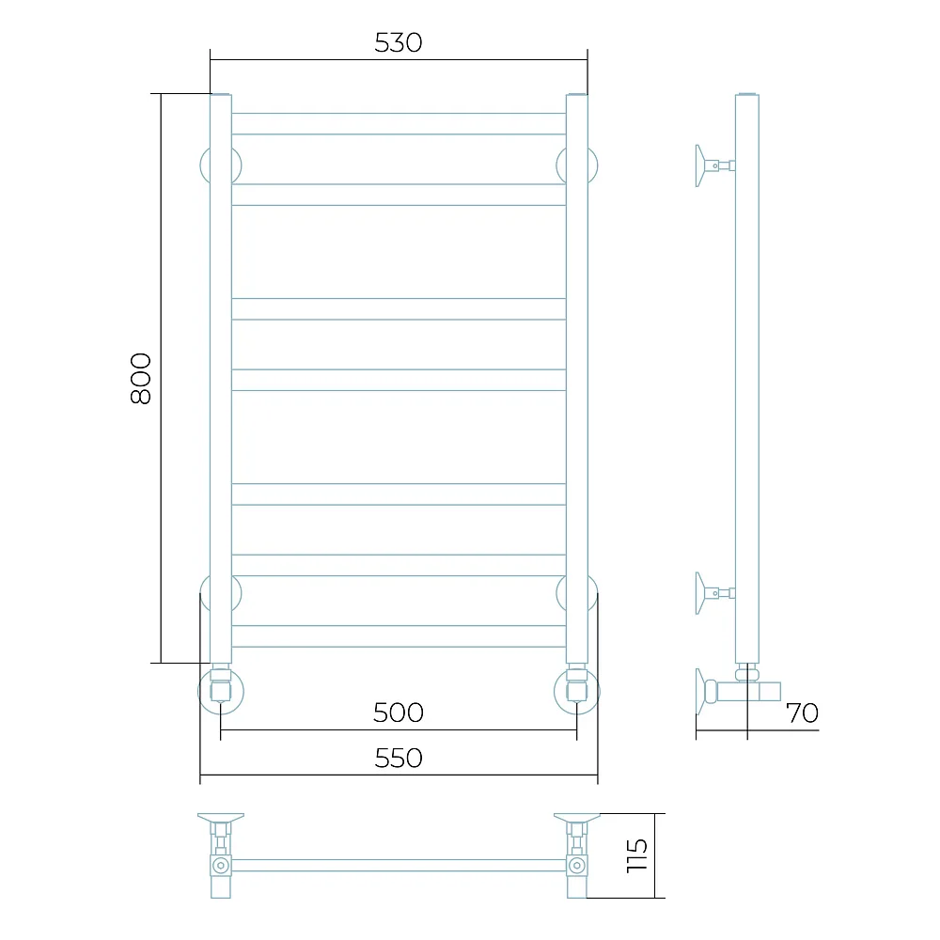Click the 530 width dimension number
point(398,42)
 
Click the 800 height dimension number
point(141,378)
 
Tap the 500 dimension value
point(398,713)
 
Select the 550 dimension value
point(399,759)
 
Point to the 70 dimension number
point(802,713)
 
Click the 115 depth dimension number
point(637,855)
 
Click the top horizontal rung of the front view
point(399,123)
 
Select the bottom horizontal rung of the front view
point(399,636)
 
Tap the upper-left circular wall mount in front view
point(204,165)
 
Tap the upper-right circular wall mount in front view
point(593,165)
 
